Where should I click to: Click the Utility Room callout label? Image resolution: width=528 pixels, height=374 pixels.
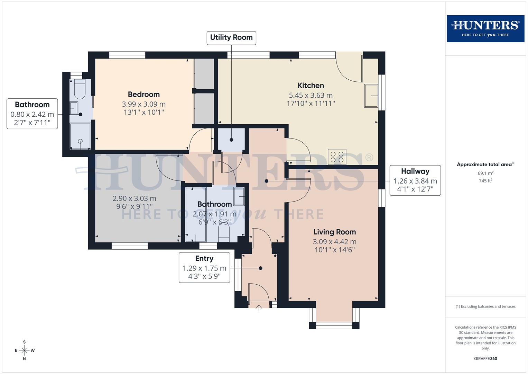[231, 37]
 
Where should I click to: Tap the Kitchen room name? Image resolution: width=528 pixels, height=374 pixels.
[311, 86]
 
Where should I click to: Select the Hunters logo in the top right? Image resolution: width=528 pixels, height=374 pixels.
[485, 28]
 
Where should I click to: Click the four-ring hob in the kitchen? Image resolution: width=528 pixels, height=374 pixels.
[337, 157]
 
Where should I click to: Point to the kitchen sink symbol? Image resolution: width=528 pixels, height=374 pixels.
[371, 96]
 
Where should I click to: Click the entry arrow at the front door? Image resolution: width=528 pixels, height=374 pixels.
[259, 308]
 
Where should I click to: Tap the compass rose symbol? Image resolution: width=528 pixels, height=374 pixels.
[24, 350]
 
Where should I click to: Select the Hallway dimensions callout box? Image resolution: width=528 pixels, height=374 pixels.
[415, 180]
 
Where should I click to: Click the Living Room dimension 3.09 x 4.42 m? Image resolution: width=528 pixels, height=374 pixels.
[334, 242]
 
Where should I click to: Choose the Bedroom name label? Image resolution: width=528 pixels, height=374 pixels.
[143, 94]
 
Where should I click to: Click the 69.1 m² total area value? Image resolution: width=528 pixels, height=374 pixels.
[485, 173]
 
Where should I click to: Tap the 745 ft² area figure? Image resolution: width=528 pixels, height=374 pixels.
[485, 181]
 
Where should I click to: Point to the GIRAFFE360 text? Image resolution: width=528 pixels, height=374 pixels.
[485, 358]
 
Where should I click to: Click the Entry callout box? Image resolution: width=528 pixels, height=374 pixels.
[204, 267]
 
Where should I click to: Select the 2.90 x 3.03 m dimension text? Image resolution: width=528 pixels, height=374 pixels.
[134, 199]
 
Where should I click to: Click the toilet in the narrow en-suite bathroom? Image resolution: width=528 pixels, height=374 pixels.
[80, 89]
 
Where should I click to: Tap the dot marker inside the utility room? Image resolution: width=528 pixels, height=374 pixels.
[231, 140]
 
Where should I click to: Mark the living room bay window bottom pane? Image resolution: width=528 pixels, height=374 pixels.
[334, 325]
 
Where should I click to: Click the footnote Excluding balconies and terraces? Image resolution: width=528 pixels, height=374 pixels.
[485, 306]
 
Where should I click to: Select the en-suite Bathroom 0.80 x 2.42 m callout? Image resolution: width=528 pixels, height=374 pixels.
[32, 114]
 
